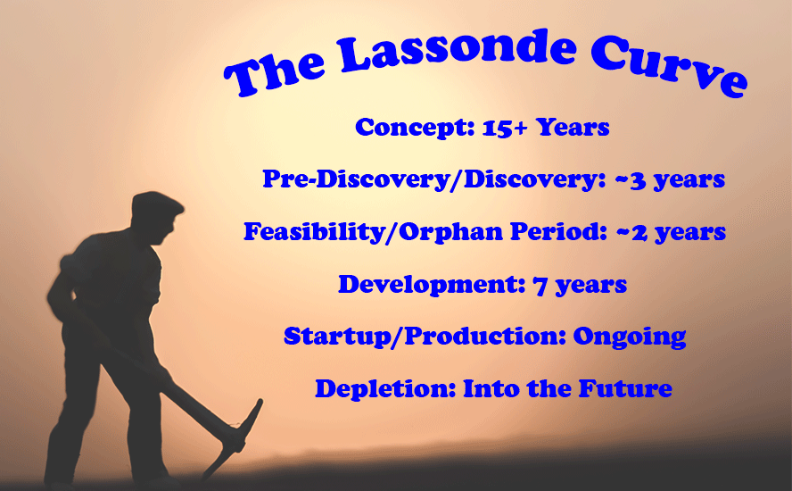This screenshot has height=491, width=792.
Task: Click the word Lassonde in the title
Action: [458, 50]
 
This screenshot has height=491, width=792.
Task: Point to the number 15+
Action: [505, 128]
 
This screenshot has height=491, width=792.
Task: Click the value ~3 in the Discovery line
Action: [631, 180]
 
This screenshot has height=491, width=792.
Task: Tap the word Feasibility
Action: [314, 231]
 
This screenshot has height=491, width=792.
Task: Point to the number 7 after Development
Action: [540, 287]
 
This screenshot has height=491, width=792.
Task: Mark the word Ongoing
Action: [630, 337]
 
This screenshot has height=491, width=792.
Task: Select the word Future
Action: [625, 387]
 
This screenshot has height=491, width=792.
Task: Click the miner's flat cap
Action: [157, 204]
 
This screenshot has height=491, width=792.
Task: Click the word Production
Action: [485, 337]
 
